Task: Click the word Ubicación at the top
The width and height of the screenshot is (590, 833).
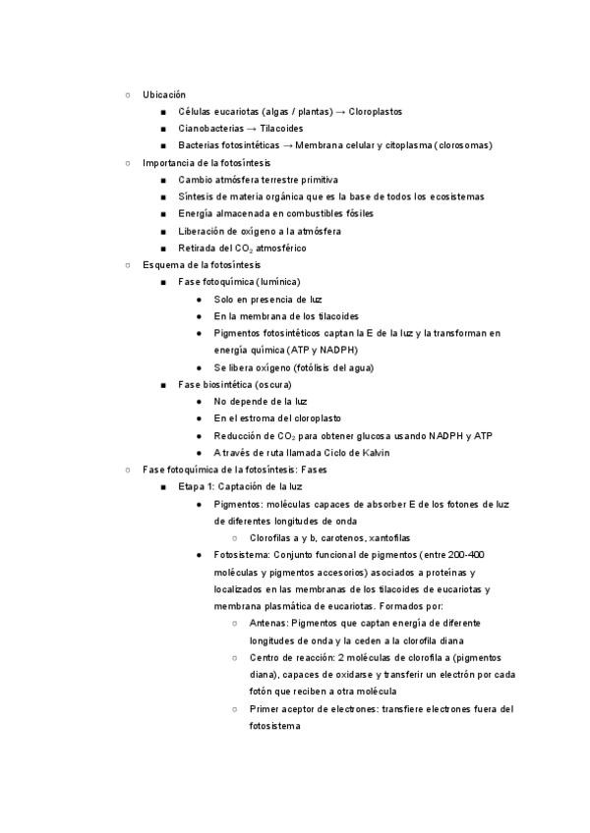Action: [163, 94]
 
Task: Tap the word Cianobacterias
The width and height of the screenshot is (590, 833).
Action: [211, 129]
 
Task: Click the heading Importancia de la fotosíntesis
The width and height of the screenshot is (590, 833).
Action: [206, 162]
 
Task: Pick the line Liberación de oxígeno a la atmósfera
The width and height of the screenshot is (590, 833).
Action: [260, 231]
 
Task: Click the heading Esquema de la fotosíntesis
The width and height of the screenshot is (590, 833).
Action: [201, 265]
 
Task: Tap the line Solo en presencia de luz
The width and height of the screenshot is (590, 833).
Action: [267, 299]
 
